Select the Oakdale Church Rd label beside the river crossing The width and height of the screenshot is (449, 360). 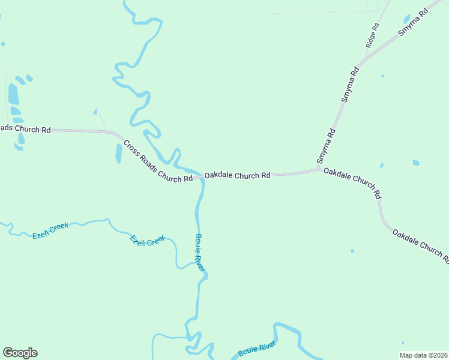coord(237,176)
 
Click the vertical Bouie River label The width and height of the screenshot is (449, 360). coord(200,253)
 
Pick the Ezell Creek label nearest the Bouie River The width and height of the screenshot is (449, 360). coord(148,240)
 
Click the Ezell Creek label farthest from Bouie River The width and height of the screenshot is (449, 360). coord(50,230)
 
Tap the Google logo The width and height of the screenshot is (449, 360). coord(20,353)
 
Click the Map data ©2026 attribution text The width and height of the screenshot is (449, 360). coord(423,355)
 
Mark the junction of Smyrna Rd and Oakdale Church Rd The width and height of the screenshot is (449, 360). coord(320,170)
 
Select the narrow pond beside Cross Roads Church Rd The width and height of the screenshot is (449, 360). coord(118,153)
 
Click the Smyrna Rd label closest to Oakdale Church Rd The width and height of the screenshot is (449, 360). coord(325,146)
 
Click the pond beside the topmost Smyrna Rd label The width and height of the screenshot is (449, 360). coord(407,19)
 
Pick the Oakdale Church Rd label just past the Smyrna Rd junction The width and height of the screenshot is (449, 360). coord(352,183)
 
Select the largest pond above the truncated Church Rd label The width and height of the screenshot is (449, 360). coord(13,94)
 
